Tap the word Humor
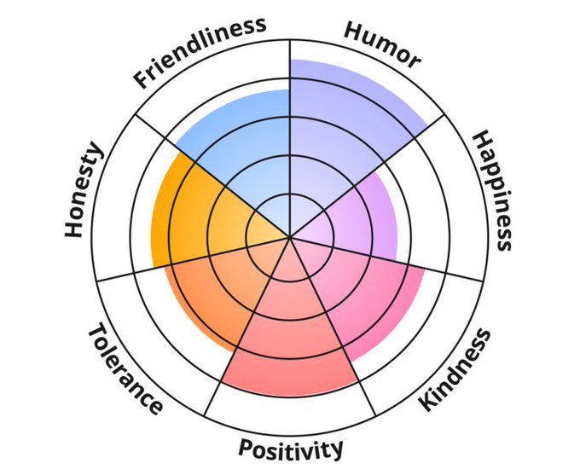[381, 44]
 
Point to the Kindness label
[455, 368]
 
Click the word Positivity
[291, 448]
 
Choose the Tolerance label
[125, 368]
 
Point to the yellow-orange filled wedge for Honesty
[192, 213]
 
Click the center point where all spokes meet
[290, 237]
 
